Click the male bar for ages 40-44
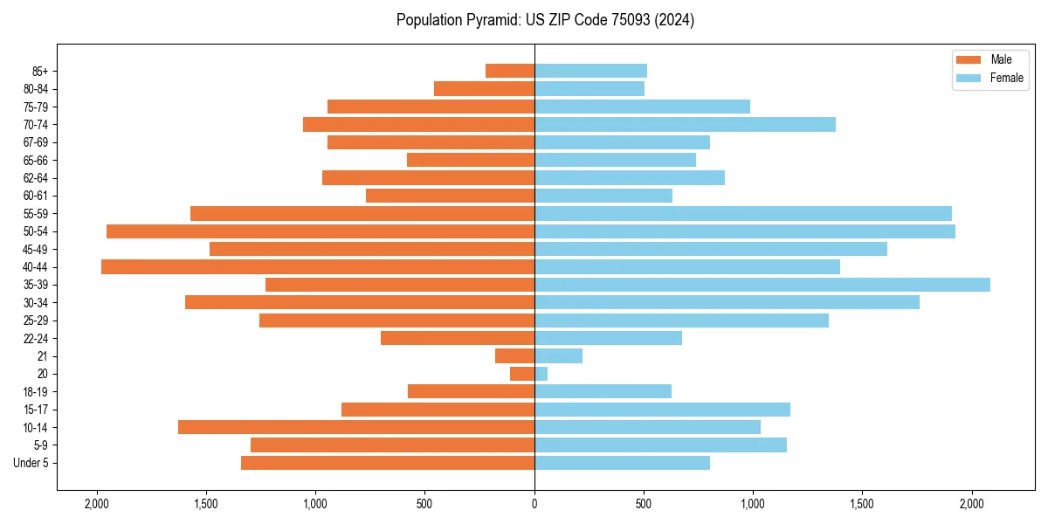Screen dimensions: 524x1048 click(x=318, y=266)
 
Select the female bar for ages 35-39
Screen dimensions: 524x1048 click(x=762, y=285)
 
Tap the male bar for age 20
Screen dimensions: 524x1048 click(x=522, y=374)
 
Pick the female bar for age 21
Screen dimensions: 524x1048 click(x=558, y=355)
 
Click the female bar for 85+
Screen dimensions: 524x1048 click(x=590, y=71)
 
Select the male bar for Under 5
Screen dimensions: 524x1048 click(x=388, y=463)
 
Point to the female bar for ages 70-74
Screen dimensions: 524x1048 click(x=685, y=124)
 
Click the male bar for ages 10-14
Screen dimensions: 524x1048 click(x=356, y=427)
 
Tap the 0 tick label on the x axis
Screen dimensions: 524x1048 click(x=534, y=504)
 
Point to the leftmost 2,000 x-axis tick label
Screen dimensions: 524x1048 click(x=96, y=504)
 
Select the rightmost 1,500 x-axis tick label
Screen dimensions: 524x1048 click(x=862, y=504)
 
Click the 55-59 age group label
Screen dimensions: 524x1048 click(x=36, y=213)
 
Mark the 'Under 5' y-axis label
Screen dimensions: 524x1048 click(x=31, y=463)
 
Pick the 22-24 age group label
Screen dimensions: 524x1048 click(x=36, y=338)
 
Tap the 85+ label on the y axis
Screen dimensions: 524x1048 click(x=39, y=71)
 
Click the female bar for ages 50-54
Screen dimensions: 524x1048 click(x=745, y=231)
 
